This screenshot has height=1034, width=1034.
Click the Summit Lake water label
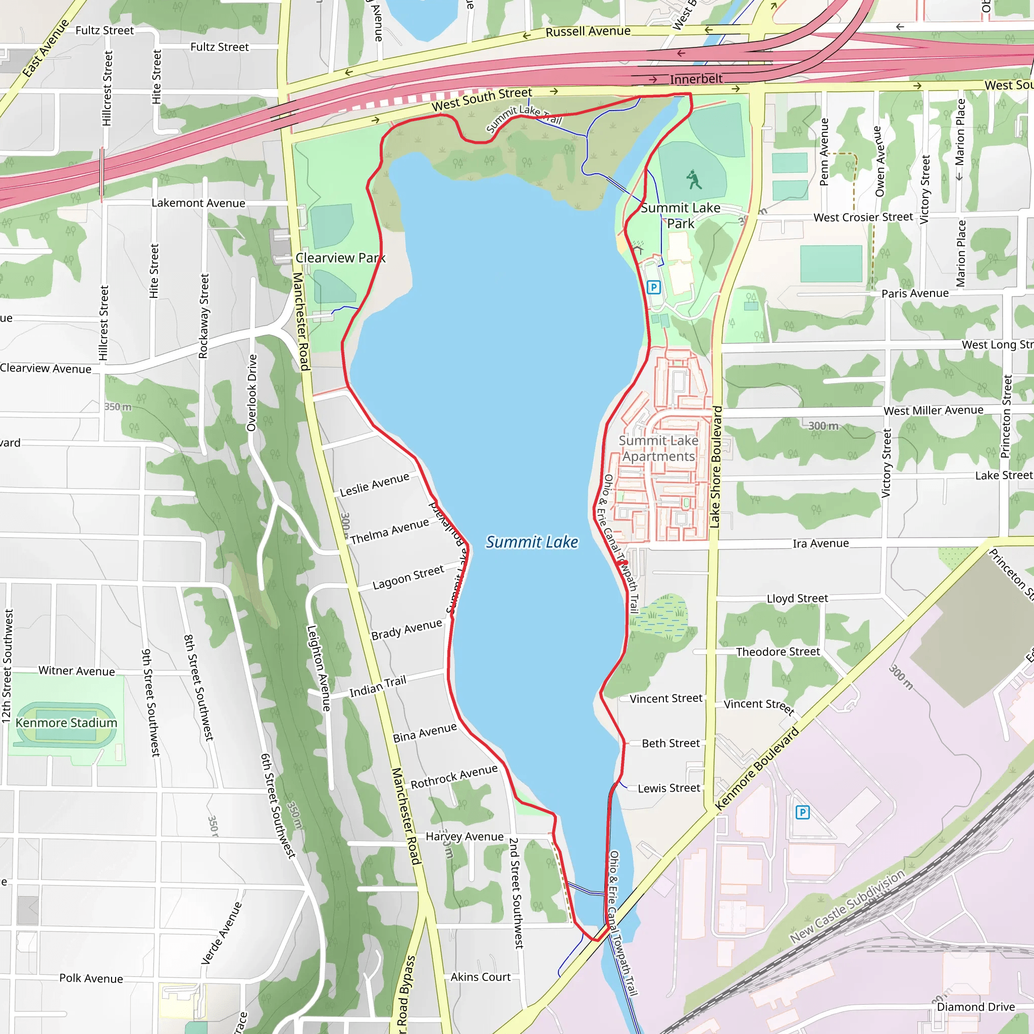(532, 542)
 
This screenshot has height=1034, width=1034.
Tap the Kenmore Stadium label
(66, 722)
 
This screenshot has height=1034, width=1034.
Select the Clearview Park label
(340, 258)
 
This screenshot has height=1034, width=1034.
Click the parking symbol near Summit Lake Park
(653, 287)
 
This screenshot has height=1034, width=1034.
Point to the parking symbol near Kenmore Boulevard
(802, 812)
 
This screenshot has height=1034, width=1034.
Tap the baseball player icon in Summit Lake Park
(694, 180)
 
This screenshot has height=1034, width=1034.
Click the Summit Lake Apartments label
(658, 448)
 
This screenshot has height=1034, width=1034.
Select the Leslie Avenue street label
(374, 484)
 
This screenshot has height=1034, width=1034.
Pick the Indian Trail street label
(378, 687)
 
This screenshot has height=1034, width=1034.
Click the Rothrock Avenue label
(454, 777)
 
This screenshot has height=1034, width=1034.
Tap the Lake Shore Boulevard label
(715, 467)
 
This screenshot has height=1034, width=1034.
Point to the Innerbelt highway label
(696, 79)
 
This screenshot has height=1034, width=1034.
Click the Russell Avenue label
(588, 32)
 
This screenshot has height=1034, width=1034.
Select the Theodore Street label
(778, 651)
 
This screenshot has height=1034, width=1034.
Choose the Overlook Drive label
(251, 393)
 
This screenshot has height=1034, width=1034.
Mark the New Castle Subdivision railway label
(847, 907)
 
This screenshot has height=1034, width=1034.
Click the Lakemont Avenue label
(198, 203)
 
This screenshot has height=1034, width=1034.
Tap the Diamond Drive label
(975, 1007)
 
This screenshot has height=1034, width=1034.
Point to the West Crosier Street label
(863, 217)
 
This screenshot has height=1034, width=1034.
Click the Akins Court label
(480, 977)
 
